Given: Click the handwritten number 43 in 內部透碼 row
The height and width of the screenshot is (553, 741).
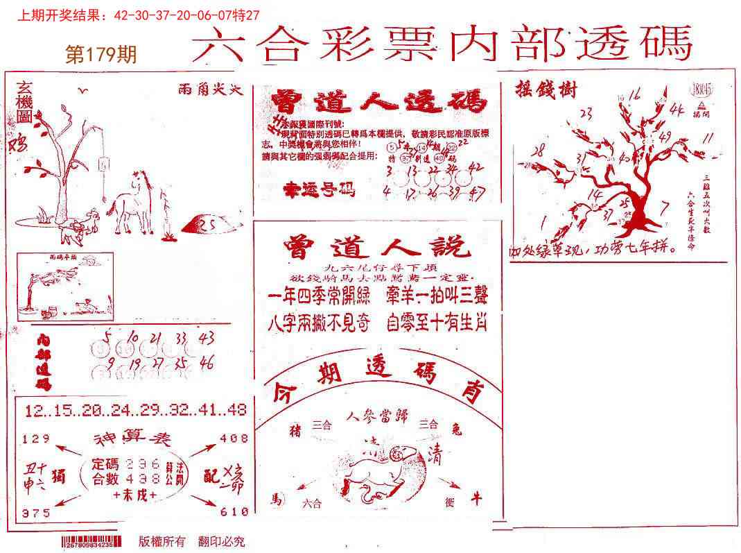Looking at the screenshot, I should (205, 339).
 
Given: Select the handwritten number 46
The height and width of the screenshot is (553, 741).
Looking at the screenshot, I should (206, 363).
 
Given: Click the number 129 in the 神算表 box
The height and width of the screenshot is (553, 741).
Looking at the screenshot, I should (37, 439).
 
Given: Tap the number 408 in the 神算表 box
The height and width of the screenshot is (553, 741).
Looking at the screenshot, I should (234, 439).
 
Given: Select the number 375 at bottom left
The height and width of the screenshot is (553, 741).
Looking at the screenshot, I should (36, 513).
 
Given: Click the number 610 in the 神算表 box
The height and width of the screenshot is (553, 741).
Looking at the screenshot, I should (234, 512).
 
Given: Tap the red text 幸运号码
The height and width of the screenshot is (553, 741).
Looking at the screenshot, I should (320, 189).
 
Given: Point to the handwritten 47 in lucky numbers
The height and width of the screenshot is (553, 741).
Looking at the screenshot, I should (476, 191).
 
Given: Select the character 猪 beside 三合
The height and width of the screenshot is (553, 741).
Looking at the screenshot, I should (296, 431).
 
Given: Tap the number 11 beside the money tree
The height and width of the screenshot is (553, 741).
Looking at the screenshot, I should (707, 139).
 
